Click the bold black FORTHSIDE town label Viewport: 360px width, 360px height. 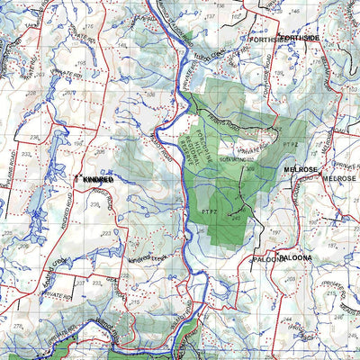[299, 40]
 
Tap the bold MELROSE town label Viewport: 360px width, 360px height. [301, 168]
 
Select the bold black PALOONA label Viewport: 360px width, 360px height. [293, 258]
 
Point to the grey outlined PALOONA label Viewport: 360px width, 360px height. [268, 259]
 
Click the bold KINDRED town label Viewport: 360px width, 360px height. [98, 180]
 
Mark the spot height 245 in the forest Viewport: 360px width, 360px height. [236, 217]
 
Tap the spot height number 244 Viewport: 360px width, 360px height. [286, 319]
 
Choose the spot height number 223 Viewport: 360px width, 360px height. [108, 232]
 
